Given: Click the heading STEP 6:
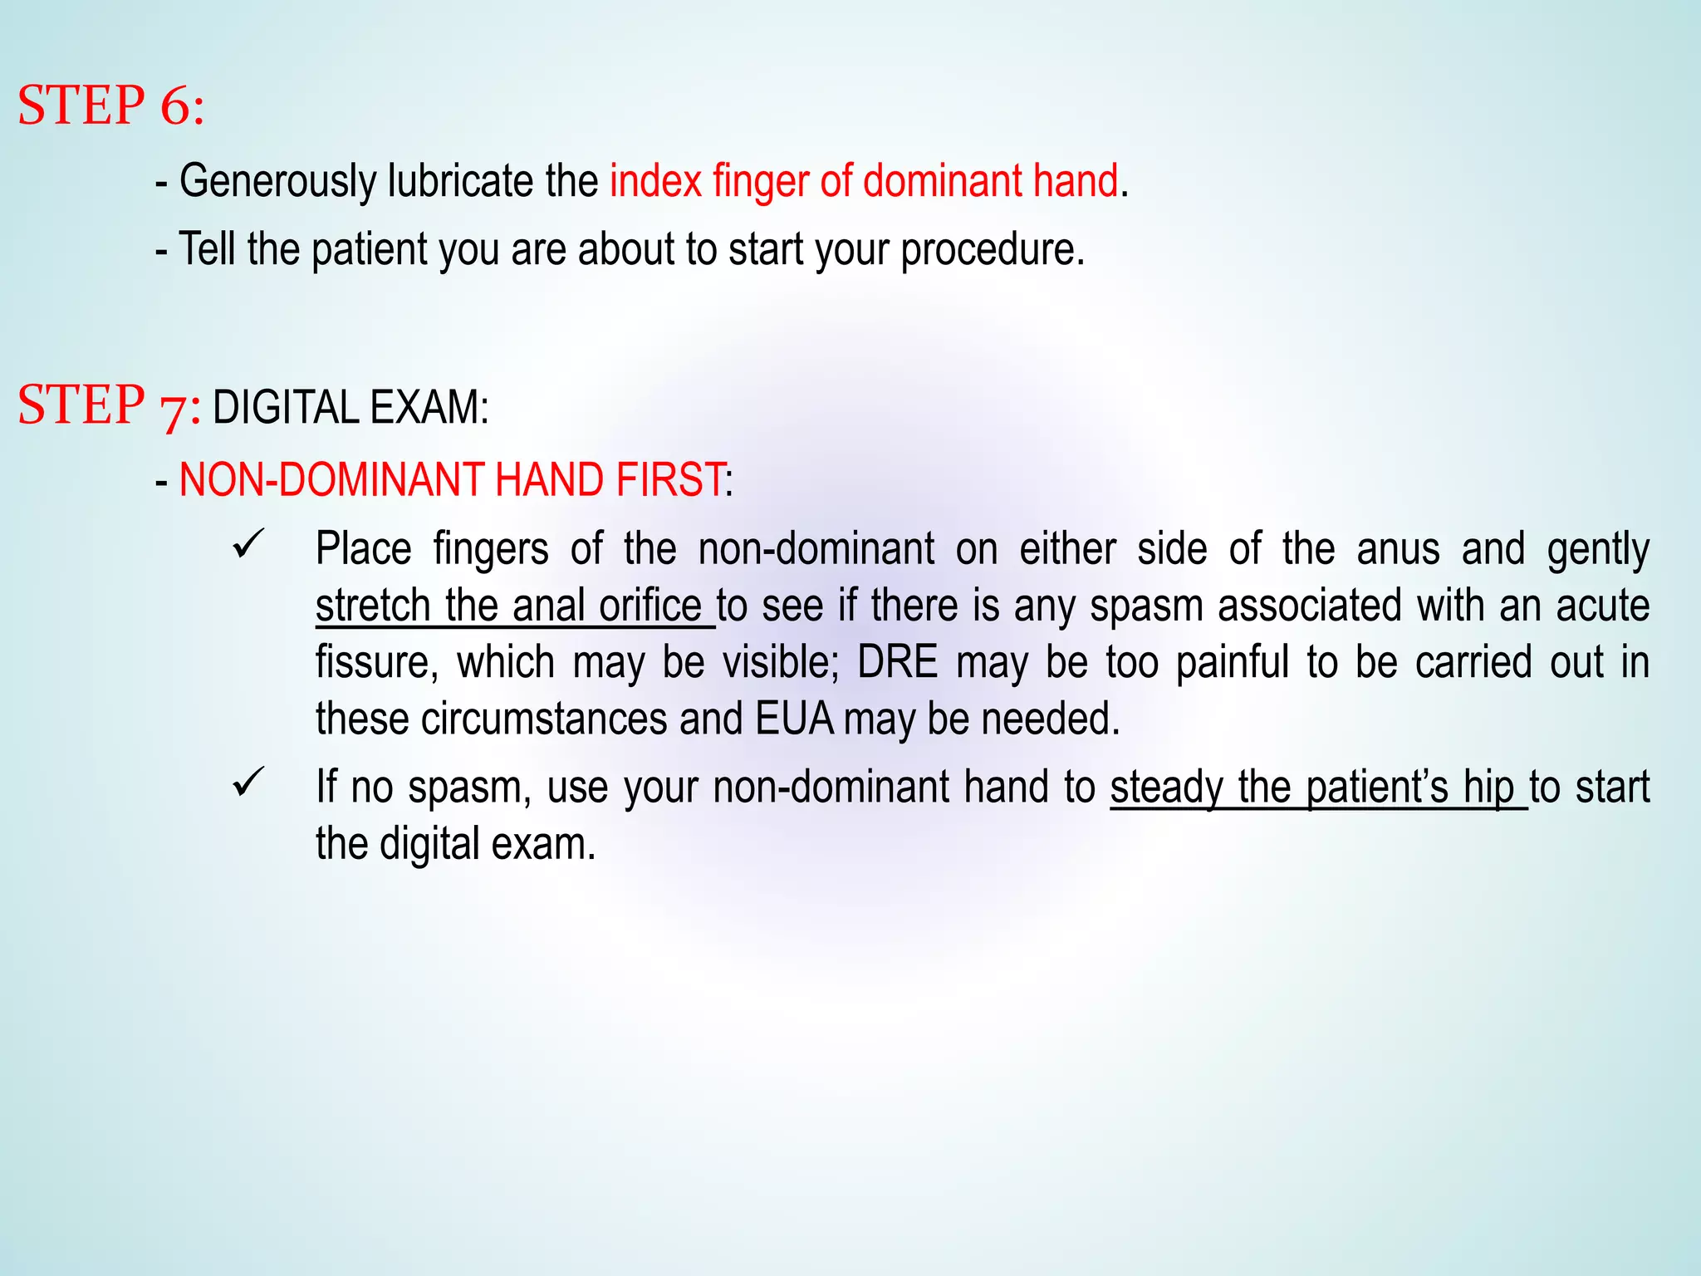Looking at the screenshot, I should (110, 106).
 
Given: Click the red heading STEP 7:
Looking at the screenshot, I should (109, 405).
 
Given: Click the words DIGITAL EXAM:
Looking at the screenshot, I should (350, 408).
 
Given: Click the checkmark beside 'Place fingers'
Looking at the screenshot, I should (248, 545).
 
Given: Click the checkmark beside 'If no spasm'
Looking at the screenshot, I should (248, 782).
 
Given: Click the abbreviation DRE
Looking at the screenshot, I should (897, 662).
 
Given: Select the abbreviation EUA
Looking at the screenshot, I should (794, 719).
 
